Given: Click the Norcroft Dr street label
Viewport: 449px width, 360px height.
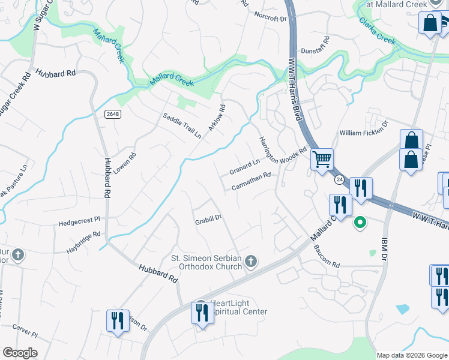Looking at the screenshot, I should click(271, 17).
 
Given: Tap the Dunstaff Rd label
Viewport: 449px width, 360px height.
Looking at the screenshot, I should click(316, 50).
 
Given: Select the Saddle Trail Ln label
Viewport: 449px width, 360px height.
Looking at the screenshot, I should click(182, 125).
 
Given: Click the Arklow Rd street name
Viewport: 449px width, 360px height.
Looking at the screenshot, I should click(216, 119).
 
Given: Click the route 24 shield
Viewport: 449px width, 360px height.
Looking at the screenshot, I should click(339, 179).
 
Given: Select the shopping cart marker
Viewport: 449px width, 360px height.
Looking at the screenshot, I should click(322, 160).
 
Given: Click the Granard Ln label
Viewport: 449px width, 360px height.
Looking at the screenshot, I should click(244, 167).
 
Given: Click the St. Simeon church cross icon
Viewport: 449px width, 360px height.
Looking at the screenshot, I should click(251, 261).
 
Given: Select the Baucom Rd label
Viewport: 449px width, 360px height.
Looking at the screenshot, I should click(327, 255).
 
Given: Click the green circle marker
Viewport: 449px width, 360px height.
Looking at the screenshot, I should click(360, 223).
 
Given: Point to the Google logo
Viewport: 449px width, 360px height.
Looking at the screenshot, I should click(20, 353).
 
